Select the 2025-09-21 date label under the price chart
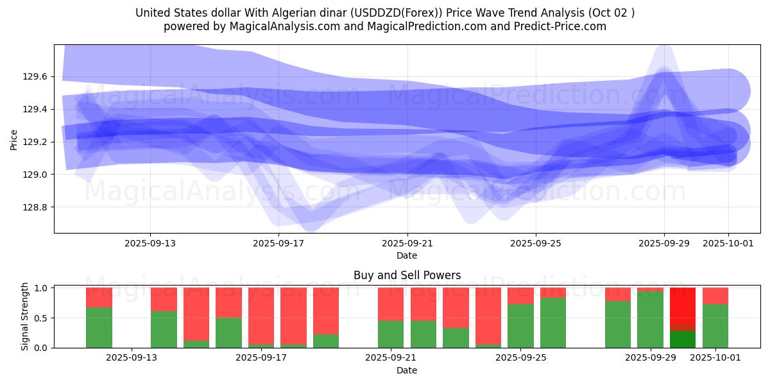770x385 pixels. click(407, 243)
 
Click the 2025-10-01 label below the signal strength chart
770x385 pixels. click(715, 358)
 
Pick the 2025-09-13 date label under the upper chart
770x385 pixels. click(150, 243)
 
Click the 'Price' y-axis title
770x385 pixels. click(14, 139)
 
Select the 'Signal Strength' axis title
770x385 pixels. click(25, 316)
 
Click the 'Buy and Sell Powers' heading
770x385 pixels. click(407, 275)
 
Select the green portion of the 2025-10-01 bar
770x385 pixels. click(715, 326)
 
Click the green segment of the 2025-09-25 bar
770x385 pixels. click(520, 326)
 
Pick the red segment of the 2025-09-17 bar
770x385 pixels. click(261, 314)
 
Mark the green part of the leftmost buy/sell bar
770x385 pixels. click(99, 328)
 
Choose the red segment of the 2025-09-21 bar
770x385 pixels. click(391, 304)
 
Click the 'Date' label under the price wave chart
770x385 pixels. click(407, 255)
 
